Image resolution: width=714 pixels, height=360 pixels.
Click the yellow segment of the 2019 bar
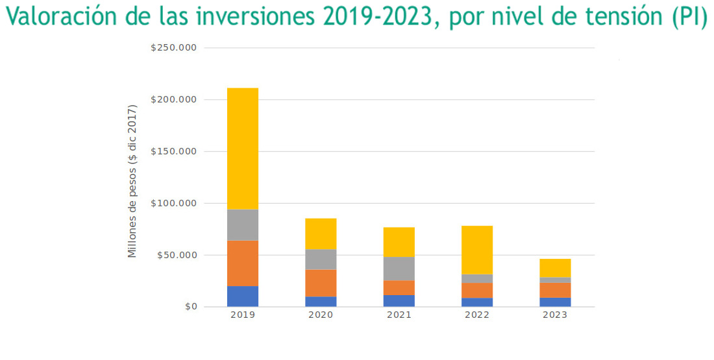click(x=243, y=149)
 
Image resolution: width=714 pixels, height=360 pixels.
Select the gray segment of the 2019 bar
click(x=243, y=225)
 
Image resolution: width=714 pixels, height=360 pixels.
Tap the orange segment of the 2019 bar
click(x=243, y=263)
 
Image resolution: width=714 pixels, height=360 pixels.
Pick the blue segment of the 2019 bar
click(x=243, y=296)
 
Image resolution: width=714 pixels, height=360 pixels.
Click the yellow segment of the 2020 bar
click(x=321, y=234)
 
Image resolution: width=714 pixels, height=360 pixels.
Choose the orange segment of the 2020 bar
click(x=321, y=283)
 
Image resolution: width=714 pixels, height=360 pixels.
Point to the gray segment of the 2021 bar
click(x=399, y=269)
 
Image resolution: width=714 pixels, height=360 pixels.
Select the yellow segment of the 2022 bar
click(x=477, y=250)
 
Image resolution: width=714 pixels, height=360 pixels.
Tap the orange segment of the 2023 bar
click(x=555, y=290)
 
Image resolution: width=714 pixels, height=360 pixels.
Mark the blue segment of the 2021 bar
click(x=399, y=301)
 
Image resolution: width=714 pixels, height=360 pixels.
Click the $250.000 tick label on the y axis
click(x=173, y=48)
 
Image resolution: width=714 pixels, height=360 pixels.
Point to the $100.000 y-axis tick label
click(x=173, y=203)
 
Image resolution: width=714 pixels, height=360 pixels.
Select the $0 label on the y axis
click(x=190, y=307)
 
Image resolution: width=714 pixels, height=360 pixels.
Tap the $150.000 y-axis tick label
click(x=173, y=152)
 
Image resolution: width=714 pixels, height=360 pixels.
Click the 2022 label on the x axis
click(x=477, y=315)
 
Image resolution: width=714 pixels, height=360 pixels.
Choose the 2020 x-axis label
click(x=321, y=315)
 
